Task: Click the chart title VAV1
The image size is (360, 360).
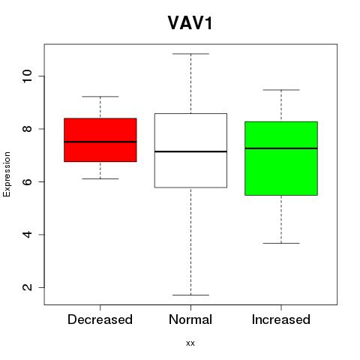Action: click(x=190, y=23)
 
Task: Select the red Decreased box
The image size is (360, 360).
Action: click(x=100, y=140)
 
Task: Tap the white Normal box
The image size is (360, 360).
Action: click(x=190, y=151)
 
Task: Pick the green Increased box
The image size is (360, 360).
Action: click(x=281, y=158)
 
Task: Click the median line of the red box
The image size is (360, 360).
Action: click(x=100, y=142)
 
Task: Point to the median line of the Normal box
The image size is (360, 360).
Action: click(x=190, y=151)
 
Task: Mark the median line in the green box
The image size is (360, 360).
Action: click(x=281, y=148)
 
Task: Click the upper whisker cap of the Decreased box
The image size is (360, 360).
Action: click(x=100, y=97)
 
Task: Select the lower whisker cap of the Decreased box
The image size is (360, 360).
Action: click(x=100, y=178)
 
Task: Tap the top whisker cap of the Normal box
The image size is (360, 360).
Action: click(x=190, y=54)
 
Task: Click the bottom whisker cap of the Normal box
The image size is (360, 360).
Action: click(x=190, y=295)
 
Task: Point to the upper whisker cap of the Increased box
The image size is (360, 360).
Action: click(x=281, y=90)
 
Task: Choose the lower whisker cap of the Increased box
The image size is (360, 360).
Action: click(x=281, y=243)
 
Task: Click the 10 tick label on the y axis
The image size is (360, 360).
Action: click(x=27, y=76)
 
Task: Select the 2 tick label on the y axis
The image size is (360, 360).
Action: click(x=27, y=287)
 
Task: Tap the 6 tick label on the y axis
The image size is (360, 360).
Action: click(x=27, y=181)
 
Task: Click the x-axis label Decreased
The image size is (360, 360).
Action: click(x=100, y=319)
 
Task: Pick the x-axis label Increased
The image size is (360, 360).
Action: click(x=281, y=319)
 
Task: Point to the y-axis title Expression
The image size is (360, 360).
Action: click(x=7, y=174)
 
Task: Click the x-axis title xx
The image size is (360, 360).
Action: click(x=190, y=343)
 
